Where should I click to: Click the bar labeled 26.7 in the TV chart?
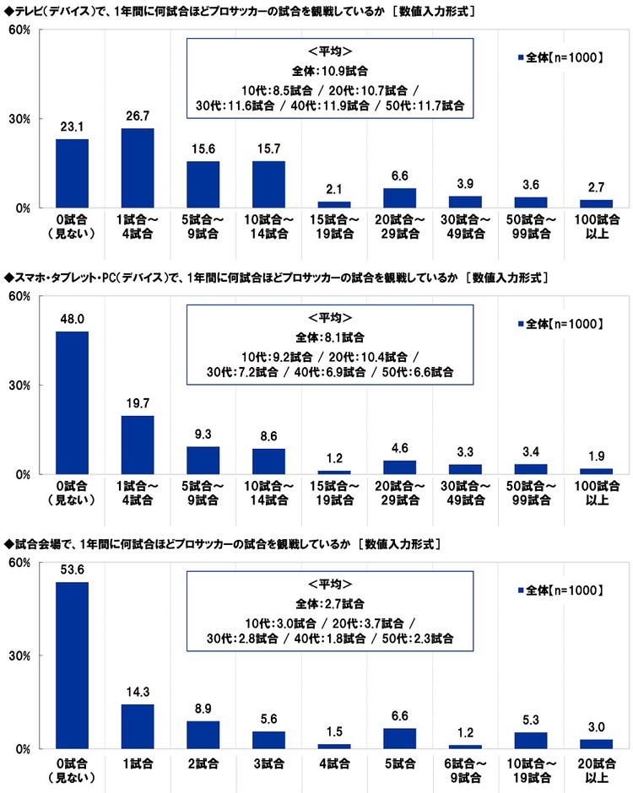tap(138, 168)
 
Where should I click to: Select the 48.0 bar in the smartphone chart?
tap(72, 403)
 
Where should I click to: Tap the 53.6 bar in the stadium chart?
tap(72, 666)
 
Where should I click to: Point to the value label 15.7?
tap(268, 148)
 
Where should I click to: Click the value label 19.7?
tap(138, 403)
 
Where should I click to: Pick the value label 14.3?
tap(138, 692)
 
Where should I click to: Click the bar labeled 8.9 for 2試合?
tap(203, 735)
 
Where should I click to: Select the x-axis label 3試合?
tap(268, 763)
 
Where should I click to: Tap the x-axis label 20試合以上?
tap(597, 770)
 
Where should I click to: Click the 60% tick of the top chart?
tap(19, 30)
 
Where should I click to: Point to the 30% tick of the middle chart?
tap(19, 386)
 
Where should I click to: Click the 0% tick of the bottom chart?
tap(23, 749)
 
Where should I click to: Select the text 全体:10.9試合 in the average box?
tap(330, 71)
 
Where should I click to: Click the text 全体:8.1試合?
tap(330, 337)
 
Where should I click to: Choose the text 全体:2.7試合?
tap(330, 604)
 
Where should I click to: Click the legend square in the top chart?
tap(520, 57)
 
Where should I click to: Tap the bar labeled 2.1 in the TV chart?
tap(334, 205)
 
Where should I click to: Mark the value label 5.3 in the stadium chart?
tap(531, 720)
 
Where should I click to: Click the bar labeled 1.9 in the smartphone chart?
tap(596, 472)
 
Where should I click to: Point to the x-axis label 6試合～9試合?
tap(466, 770)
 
